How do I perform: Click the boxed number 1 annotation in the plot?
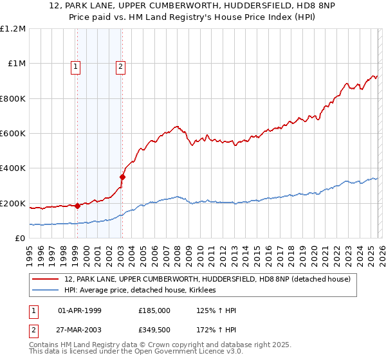[x=76, y=65]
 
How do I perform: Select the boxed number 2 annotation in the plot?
[x=120, y=65]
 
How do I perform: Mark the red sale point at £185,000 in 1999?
[x=77, y=206]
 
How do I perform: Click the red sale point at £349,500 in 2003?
[x=122, y=177]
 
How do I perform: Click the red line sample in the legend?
[x=46, y=279]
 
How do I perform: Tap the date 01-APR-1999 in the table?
[x=80, y=310]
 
